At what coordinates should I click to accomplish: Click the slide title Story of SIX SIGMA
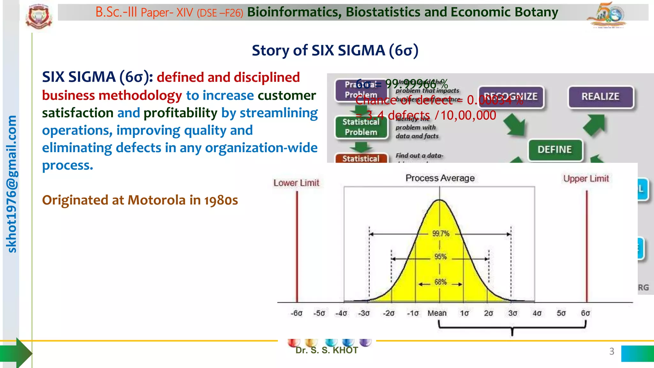click(x=335, y=50)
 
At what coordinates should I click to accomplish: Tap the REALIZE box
click(x=600, y=96)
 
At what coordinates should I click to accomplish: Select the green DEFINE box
click(x=555, y=149)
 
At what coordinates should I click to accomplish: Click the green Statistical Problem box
click(x=361, y=127)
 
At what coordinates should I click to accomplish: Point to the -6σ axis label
click(x=296, y=313)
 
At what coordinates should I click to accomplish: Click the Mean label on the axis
click(x=437, y=313)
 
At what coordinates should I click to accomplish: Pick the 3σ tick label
click(x=513, y=313)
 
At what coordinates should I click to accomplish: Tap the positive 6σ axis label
click(x=585, y=313)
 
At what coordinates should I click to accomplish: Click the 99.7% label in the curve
click(x=441, y=234)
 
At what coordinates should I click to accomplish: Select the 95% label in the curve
click(x=440, y=257)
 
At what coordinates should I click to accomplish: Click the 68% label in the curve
click(x=440, y=282)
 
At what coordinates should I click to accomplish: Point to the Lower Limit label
click(x=296, y=183)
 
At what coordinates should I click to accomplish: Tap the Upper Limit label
click(x=586, y=179)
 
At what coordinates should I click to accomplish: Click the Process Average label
click(x=440, y=178)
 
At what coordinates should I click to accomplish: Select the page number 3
click(x=612, y=351)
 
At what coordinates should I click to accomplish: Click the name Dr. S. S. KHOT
click(x=326, y=350)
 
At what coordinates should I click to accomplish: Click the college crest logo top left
click(x=39, y=17)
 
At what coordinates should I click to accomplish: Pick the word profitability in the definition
click(x=180, y=113)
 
